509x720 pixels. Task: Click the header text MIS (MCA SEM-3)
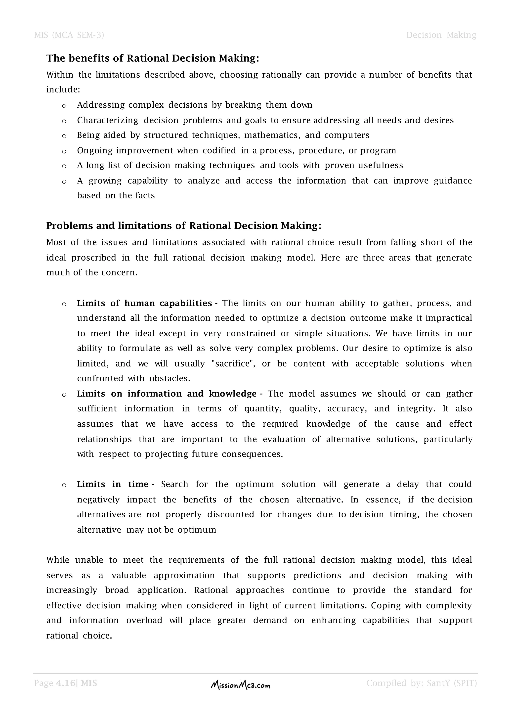pyautogui.click(x=69, y=35)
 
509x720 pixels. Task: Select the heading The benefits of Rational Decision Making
pyautogui.click(x=153, y=58)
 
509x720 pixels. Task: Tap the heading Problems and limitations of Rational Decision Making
pyautogui.click(x=184, y=226)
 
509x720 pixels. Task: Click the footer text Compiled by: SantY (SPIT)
pyautogui.click(x=422, y=683)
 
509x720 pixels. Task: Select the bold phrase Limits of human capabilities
pyautogui.click(x=144, y=303)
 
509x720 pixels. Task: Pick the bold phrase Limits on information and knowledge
pyautogui.click(x=167, y=394)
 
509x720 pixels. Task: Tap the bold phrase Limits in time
pyautogui.click(x=113, y=485)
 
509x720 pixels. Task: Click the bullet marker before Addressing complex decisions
pyautogui.click(x=64, y=106)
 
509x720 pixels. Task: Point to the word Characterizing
pyautogui.click(x=108, y=120)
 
